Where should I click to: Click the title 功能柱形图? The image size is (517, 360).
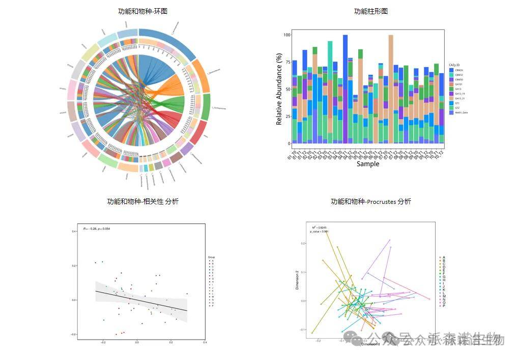coord(370,11)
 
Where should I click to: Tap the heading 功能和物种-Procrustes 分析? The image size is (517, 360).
coord(370,201)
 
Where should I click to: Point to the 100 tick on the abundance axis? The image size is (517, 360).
coord(286,35)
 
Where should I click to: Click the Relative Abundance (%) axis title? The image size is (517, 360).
coord(279,89)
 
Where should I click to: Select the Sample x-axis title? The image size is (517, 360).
coord(367,164)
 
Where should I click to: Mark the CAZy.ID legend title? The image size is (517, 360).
coord(455,65)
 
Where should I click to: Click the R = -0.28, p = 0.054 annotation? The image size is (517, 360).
coord(97,229)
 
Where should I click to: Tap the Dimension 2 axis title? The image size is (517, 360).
coord(297,280)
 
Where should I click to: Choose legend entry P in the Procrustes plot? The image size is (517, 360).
coord(444,306)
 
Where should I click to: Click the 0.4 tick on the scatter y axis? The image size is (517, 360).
coord(74,231)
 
